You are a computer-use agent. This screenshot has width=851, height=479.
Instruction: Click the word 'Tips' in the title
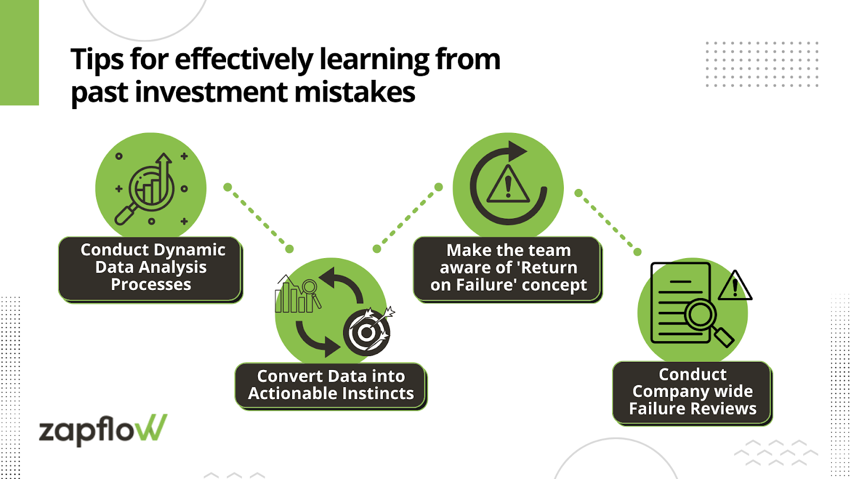click(x=98, y=60)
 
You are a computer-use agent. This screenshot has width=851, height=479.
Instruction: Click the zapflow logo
click(x=103, y=429)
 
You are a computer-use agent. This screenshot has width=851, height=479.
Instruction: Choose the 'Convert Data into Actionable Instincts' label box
click(x=330, y=385)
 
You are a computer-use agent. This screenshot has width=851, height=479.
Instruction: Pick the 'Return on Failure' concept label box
click(x=508, y=268)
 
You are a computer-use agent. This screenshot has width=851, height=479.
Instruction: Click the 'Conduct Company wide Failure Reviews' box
click(x=692, y=392)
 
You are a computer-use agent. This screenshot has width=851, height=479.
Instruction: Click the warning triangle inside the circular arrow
click(x=508, y=185)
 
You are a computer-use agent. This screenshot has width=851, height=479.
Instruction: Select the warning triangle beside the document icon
click(x=735, y=286)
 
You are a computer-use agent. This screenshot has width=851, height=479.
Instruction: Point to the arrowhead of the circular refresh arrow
click(x=516, y=152)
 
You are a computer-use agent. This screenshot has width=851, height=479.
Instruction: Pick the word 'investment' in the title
click(x=211, y=92)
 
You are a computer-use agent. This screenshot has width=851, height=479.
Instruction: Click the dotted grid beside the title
click(x=762, y=64)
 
